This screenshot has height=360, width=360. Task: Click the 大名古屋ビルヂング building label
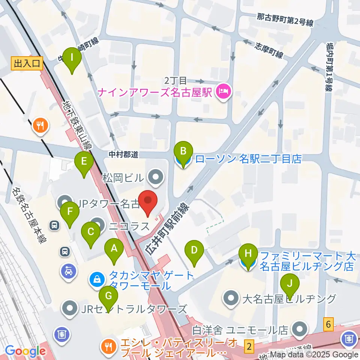pyautogui.click(x=289, y=299)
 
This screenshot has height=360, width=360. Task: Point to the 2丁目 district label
pyautogui.click(x=175, y=81)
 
